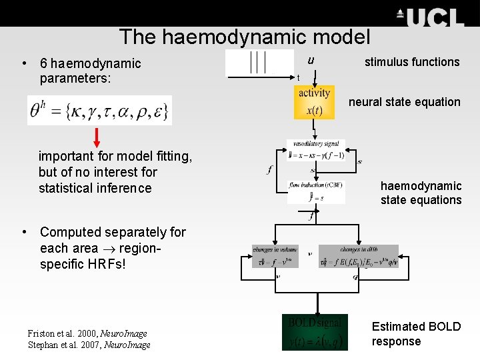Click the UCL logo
(430, 17)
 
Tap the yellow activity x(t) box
(314, 102)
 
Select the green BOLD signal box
(315, 332)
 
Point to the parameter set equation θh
(99, 110)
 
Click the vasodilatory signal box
(315, 150)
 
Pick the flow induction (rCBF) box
(316, 192)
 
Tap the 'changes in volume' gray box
(275, 257)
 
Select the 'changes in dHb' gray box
(358, 257)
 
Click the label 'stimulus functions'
(412, 62)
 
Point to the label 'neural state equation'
(405, 102)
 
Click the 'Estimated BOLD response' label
(416, 334)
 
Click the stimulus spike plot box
(259, 62)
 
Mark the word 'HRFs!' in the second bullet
(111, 264)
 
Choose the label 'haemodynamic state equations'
(421, 193)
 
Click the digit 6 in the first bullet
(43, 63)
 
